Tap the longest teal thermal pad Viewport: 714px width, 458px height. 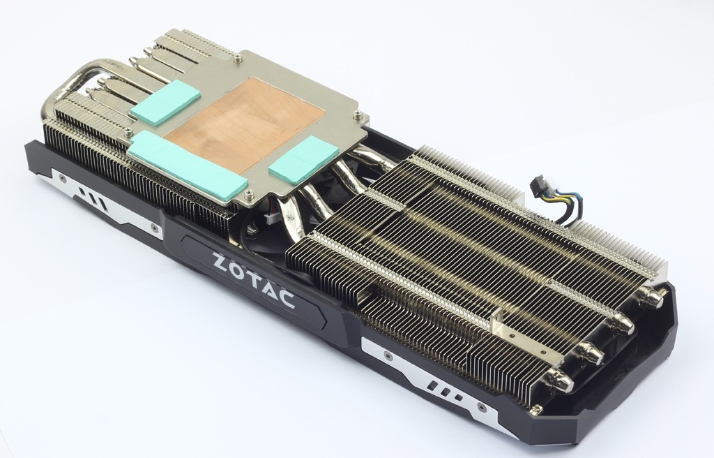[x=188, y=166]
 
